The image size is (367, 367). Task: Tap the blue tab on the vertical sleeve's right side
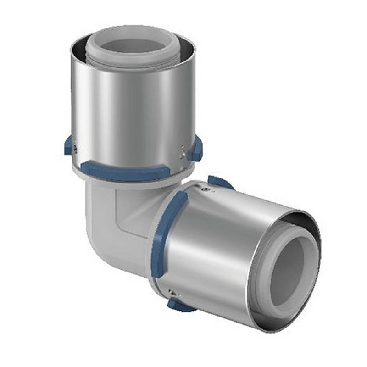pos(197,149)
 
